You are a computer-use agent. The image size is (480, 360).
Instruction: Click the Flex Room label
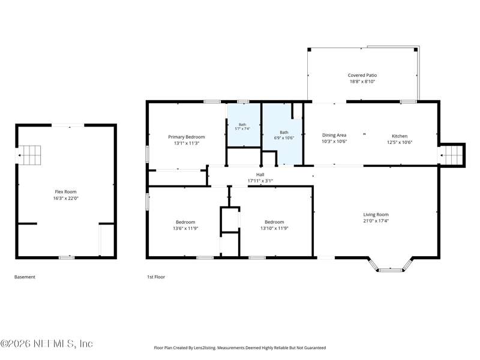(x=65, y=192)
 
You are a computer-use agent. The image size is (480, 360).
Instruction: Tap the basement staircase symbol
(x=29, y=155)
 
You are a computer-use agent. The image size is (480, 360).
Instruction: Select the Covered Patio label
(x=362, y=75)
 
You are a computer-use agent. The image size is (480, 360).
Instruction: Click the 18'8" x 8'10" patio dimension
(x=362, y=82)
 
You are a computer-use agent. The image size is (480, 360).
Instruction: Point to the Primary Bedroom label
(x=187, y=137)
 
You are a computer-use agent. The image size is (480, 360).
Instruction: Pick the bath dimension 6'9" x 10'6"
(x=284, y=138)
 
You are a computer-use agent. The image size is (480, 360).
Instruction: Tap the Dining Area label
(x=334, y=135)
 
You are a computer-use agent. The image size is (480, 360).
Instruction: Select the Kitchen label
(x=400, y=136)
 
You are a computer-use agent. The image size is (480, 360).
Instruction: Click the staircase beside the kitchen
(x=452, y=155)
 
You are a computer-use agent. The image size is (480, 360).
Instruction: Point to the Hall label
(x=260, y=175)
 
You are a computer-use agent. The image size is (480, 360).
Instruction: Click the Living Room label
(x=376, y=215)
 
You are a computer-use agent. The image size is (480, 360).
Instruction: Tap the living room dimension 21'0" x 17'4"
(x=376, y=221)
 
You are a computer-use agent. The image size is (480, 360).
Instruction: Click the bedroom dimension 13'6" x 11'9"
(x=185, y=228)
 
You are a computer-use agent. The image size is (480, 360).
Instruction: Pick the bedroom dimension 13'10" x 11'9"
(x=274, y=228)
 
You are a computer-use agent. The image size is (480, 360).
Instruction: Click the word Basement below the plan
(x=25, y=277)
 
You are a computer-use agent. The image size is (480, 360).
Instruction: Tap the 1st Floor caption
(x=156, y=277)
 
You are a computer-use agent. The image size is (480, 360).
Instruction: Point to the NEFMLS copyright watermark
(x=47, y=343)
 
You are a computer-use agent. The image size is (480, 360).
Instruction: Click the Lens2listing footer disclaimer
(x=239, y=348)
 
